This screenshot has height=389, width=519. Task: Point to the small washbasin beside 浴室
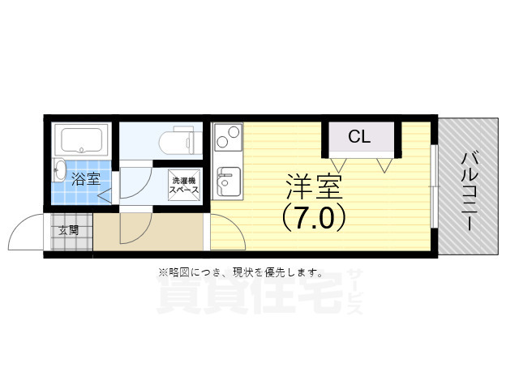pyautogui.click(x=58, y=171)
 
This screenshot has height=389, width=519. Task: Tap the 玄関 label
pyautogui.click(x=69, y=229)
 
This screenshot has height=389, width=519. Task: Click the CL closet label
pyautogui.click(x=358, y=137)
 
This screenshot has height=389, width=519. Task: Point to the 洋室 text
pyautogui.click(x=313, y=187)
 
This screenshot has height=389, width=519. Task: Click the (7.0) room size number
pyautogui.click(x=315, y=217)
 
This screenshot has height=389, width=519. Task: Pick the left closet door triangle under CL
pyautogui.click(x=337, y=165)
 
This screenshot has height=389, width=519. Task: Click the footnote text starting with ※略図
pyautogui.click(x=240, y=272)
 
